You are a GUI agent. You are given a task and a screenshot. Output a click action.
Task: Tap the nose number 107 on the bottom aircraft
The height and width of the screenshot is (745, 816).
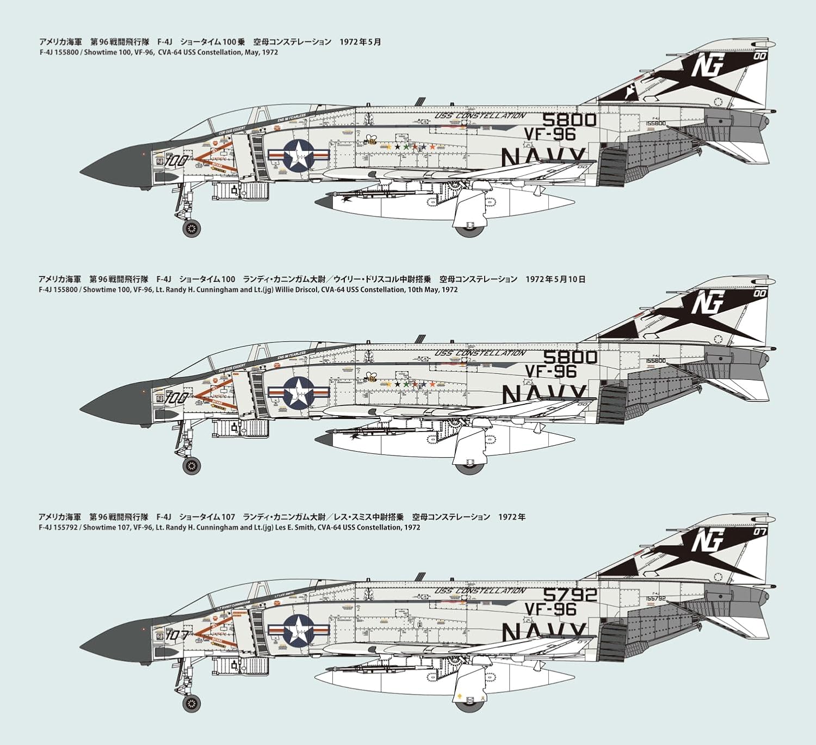click(x=177, y=635)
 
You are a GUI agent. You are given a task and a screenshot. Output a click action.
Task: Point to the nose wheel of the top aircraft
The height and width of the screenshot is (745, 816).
click(x=190, y=228)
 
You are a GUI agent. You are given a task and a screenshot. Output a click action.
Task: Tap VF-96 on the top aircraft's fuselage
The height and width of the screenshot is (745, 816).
click(x=550, y=134)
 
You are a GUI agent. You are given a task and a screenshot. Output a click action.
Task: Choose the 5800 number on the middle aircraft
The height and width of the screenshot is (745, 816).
click(x=570, y=357)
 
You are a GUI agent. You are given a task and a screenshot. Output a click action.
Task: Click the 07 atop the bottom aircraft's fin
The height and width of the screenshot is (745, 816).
click(x=760, y=531)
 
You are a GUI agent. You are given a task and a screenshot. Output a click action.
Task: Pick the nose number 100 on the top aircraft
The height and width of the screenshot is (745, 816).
click(x=177, y=161)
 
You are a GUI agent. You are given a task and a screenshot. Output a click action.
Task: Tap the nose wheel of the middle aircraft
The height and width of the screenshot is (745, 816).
click(x=191, y=465)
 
